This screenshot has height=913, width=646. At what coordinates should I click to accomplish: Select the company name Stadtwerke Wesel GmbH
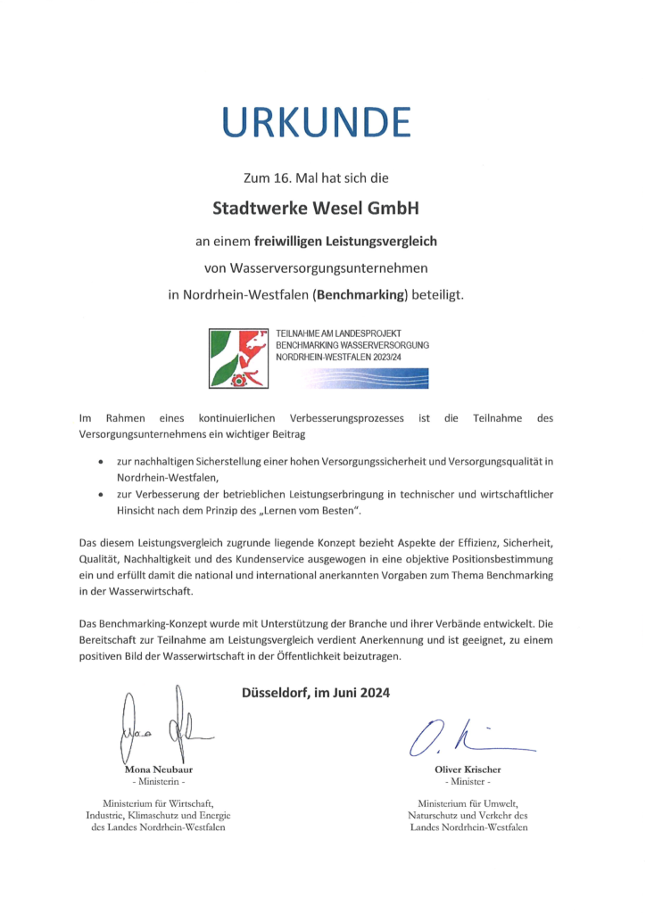pyautogui.click(x=316, y=209)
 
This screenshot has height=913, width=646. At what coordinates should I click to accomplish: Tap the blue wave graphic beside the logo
pyautogui.click(x=366, y=378)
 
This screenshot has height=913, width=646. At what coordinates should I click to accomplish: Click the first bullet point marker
pyautogui.click(x=102, y=462)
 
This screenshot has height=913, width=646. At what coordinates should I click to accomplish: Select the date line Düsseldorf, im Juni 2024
pyautogui.click(x=316, y=692)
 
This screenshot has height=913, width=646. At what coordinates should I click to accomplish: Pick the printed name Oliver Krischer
pyautogui.click(x=468, y=769)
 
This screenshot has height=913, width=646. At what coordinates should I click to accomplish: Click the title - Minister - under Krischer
pyautogui.click(x=468, y=781)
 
